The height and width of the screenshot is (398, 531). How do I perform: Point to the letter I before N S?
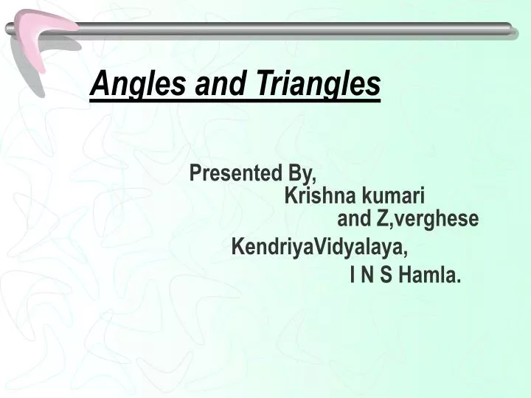point(353,276)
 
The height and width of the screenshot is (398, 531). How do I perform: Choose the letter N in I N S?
point(367,276)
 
